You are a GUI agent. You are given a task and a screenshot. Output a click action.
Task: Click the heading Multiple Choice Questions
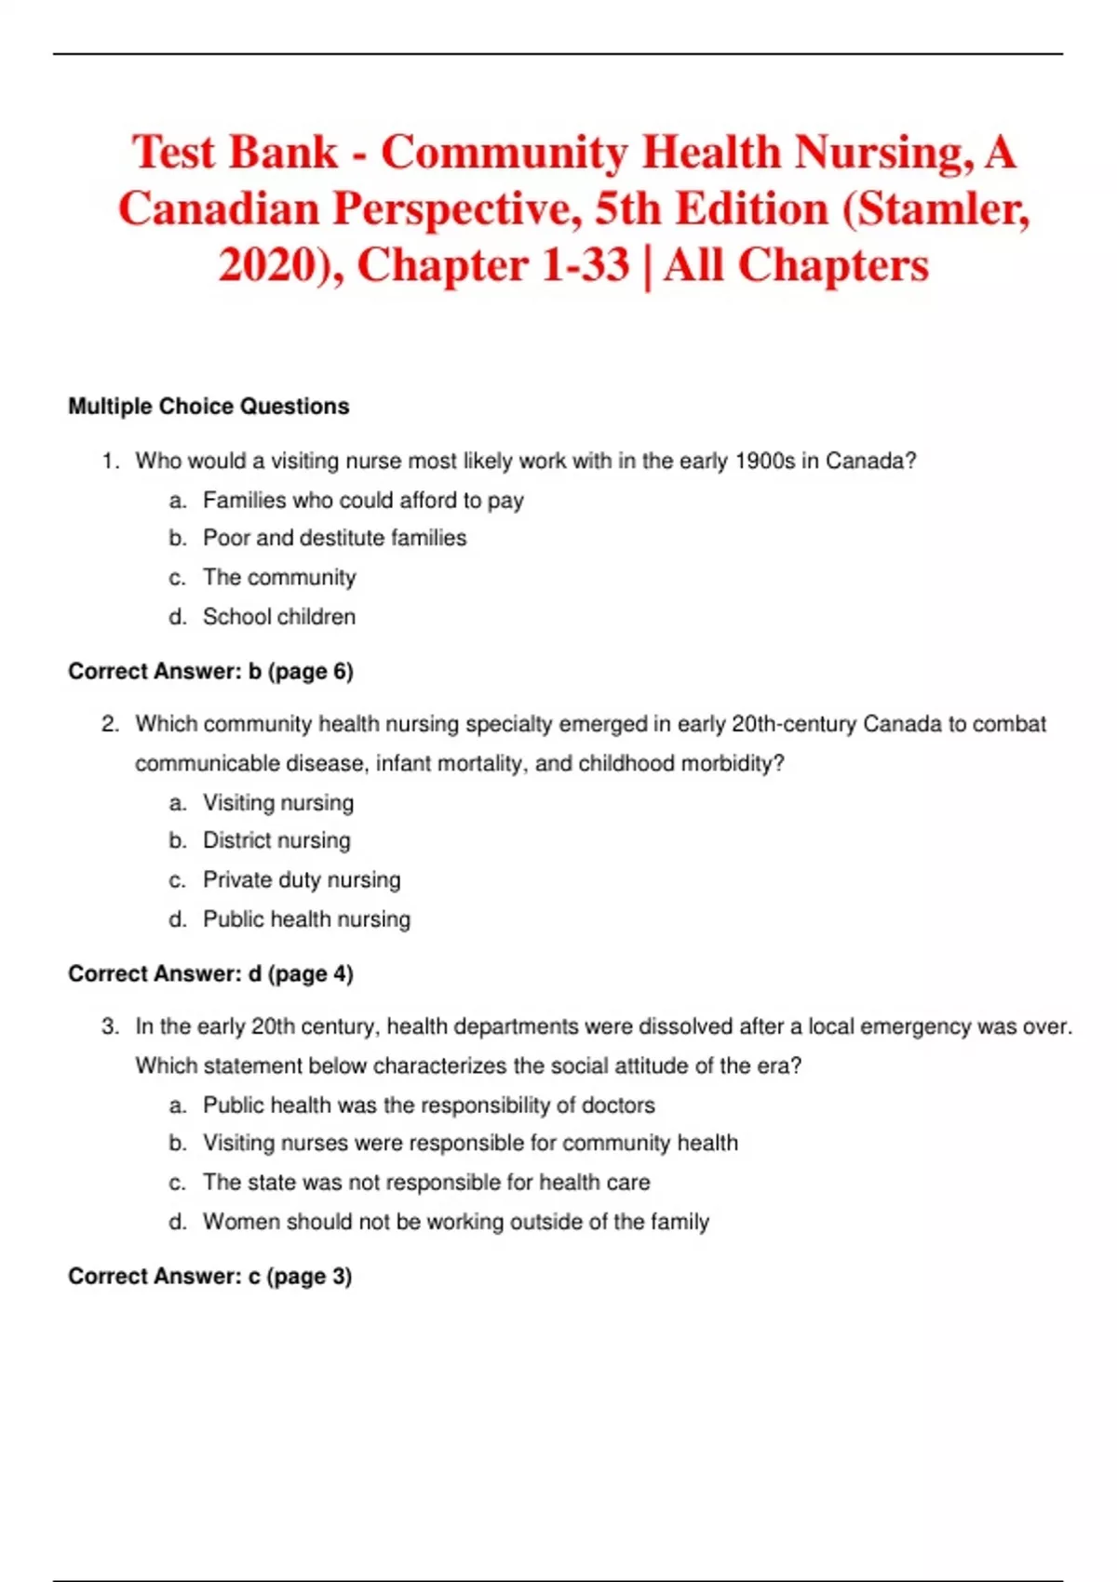tap(209, 407)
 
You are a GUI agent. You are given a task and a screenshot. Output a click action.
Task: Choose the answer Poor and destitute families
tap(334, 538)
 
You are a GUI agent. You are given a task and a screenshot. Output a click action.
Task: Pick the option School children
tap(279, 617)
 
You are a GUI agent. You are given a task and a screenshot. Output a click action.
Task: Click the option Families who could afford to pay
tap(363, 501)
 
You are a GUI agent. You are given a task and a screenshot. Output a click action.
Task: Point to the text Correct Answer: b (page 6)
tap(210, 672)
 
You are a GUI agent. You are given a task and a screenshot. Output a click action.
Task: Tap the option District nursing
tap(276, 840)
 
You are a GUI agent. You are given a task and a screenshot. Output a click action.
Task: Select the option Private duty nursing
tap(302, 880)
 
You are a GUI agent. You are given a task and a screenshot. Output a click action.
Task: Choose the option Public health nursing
tap(306, 919)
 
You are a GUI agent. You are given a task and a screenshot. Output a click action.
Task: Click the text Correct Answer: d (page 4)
tap(210, 974)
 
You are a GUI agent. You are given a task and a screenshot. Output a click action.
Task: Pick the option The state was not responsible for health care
tap(426, 1183)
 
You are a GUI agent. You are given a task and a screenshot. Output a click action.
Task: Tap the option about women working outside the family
tap(456, 1222)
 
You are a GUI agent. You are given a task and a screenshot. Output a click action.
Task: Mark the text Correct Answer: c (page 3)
tap(209, 1277)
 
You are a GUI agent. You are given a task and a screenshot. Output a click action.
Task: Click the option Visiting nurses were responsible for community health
tap(470, 1143)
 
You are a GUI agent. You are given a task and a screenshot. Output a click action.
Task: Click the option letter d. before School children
tap(178, 617)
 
